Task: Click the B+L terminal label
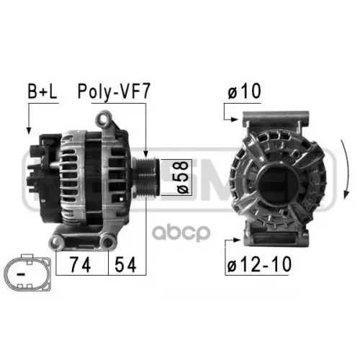coord(42,91)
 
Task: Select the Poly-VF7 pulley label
coord(114,92)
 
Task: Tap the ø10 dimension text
coord(244,91)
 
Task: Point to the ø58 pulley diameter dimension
coord(182,177)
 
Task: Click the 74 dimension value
coord(80,264)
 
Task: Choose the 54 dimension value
coord(125,264)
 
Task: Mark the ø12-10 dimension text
coord(259,264)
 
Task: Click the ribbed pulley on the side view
coord(145,177)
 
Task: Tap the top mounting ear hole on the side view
coord(104,119)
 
